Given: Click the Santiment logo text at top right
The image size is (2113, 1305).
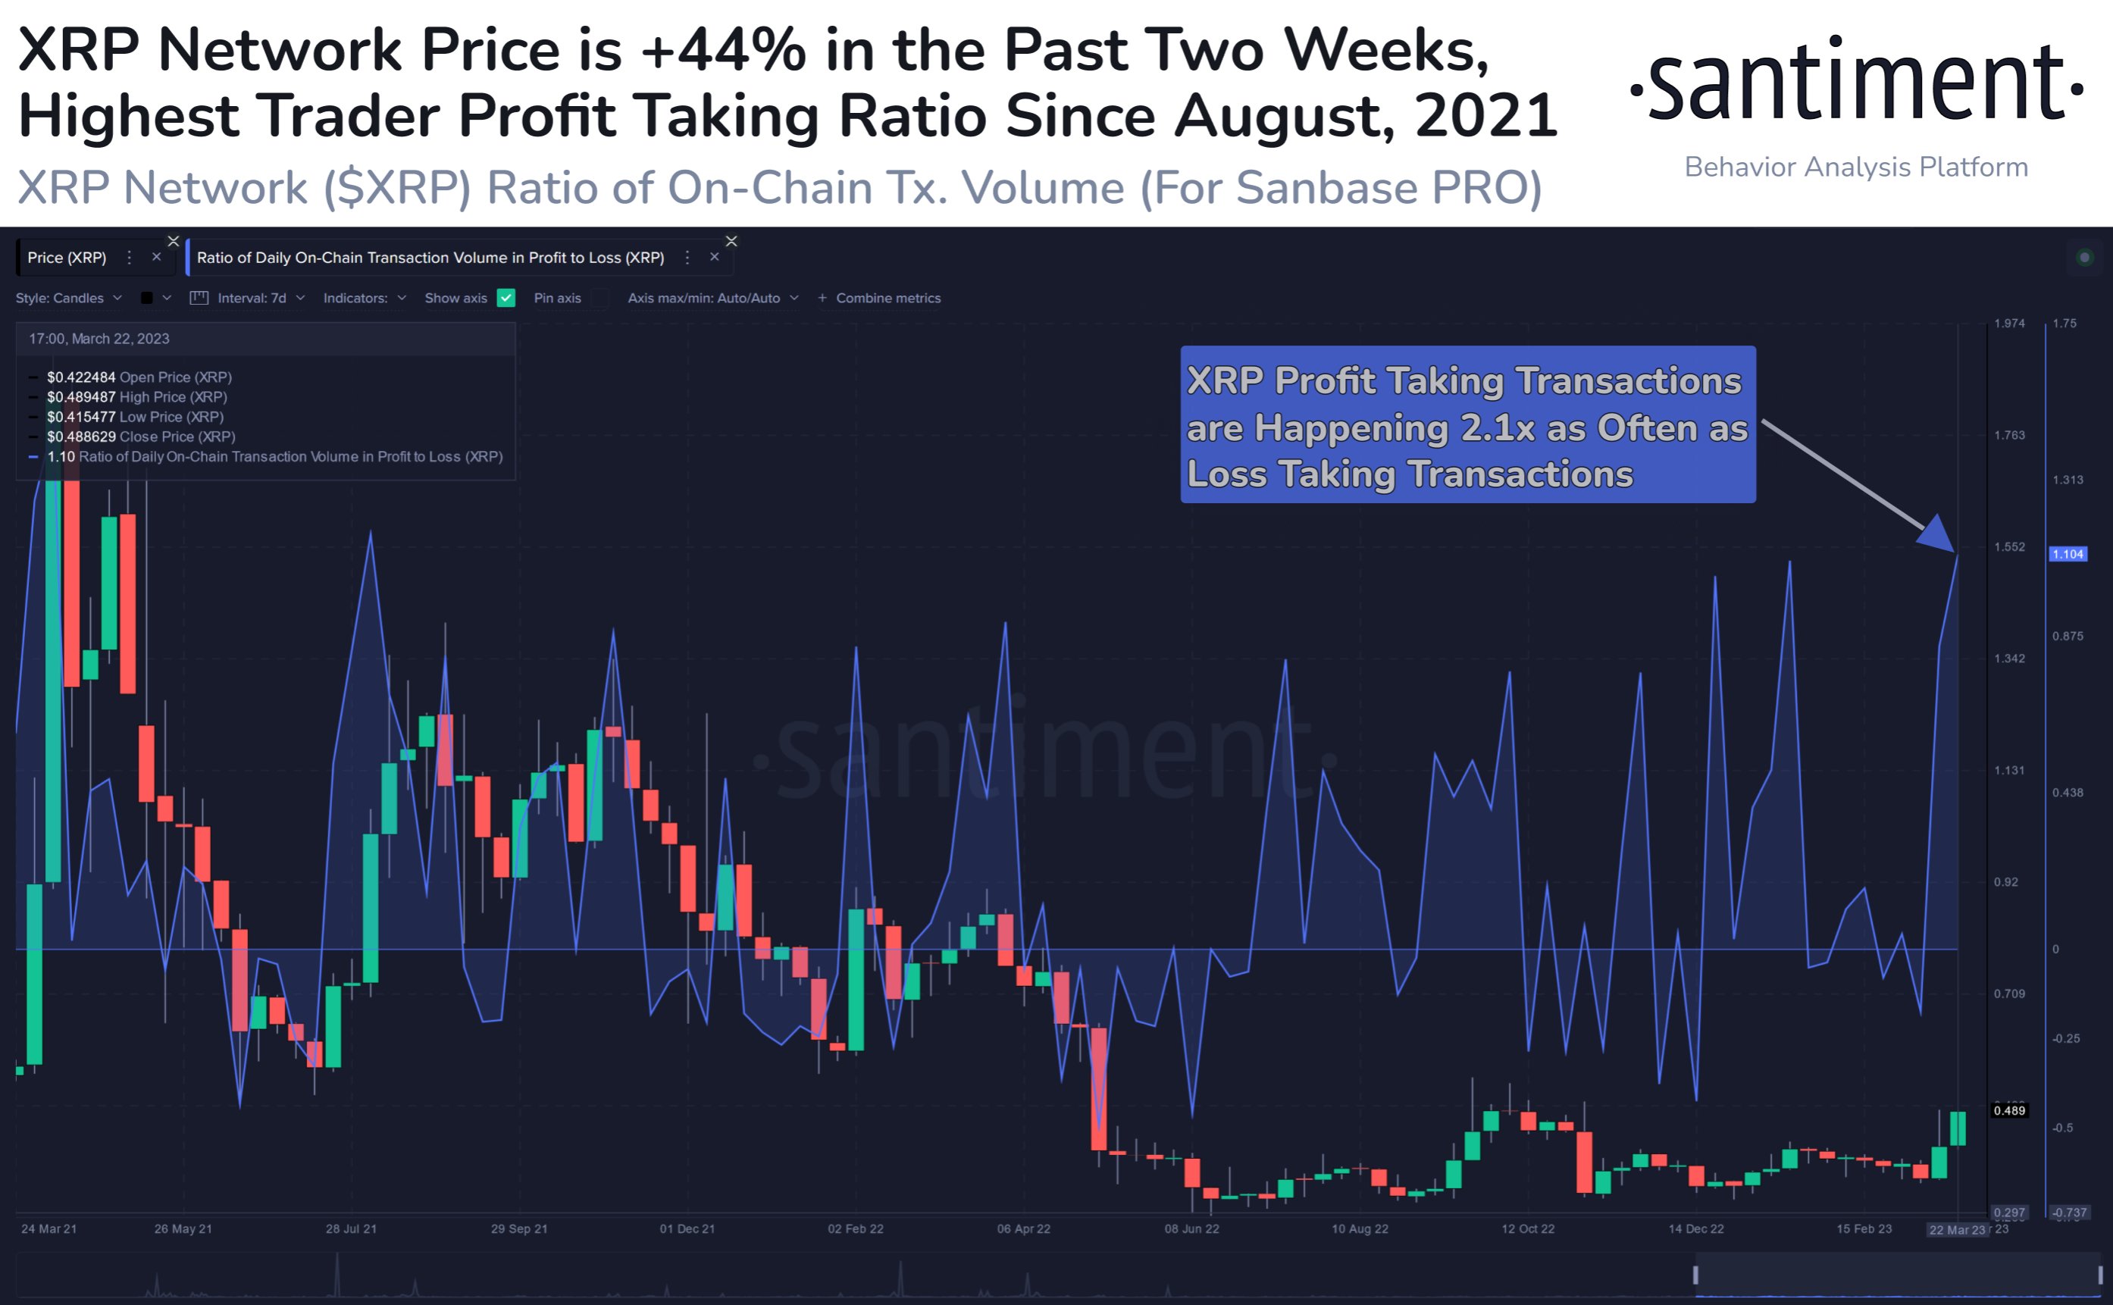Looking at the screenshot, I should (1856, 82).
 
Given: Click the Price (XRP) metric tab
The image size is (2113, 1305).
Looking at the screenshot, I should (67, 257).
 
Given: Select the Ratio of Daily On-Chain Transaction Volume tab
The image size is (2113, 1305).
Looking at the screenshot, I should (430, 257).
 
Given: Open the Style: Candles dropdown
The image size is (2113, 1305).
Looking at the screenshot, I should (68, 298).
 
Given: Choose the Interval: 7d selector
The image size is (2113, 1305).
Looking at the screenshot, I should (250, 298).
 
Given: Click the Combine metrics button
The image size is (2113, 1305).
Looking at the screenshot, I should (887, 298).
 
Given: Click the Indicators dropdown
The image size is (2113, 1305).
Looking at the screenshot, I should (363, 298).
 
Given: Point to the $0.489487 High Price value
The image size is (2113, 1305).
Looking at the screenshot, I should (81, 397).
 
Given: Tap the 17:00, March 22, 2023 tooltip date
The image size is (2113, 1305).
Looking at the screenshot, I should (99, 338).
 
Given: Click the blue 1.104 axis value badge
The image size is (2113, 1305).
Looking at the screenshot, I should (2068, 554).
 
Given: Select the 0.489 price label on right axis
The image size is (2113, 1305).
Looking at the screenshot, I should (2008, 1111).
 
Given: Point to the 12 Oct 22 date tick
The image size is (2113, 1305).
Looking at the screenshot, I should (1527, 1228).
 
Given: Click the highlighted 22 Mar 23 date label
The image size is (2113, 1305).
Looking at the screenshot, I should (1957, 1230).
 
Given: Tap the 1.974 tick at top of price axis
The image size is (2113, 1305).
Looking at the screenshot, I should (2008, 324).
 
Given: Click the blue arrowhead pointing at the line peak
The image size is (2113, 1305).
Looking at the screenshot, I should (1939, 535).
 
